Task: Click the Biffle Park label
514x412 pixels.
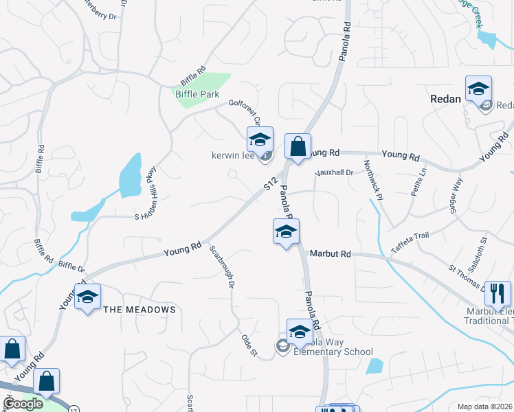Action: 197,94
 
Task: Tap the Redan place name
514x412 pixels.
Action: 445,99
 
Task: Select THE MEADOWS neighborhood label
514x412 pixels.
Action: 139,310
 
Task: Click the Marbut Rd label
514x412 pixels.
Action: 330,254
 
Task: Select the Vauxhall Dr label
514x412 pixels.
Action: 333,173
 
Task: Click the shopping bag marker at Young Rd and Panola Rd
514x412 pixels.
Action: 298,146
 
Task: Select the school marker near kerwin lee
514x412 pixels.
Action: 260,140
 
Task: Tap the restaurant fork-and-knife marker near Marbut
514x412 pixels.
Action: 497,294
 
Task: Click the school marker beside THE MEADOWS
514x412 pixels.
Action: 87,297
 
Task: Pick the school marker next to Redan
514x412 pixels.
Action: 478,89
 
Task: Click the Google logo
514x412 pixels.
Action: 23,404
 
